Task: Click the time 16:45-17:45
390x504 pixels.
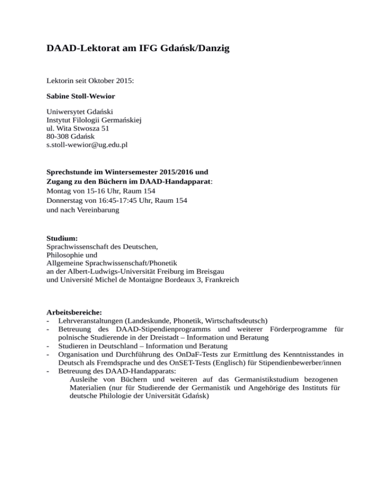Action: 113,200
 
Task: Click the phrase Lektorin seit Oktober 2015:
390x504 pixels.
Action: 90,80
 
